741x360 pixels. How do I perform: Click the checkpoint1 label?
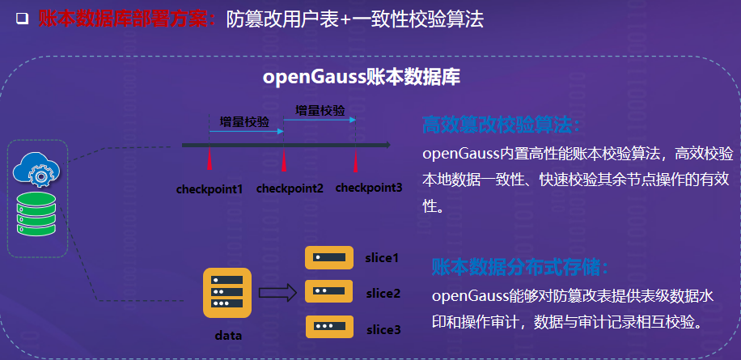pyautogui.click(x=210, y=189)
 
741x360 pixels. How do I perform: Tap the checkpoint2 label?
pyautogui.click(x=290, y=188)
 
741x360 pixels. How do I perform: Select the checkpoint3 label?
pyautogui.click(x=369, y=188)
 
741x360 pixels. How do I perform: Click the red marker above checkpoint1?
pyautogui.click(x=210, y=159)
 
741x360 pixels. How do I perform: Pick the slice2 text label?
pyautogui.click(x=383, y=294)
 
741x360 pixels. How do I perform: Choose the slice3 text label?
pyautogui.click(x=383, y=329)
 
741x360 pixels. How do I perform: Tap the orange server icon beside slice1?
pyautogui.click(x=329, y=257)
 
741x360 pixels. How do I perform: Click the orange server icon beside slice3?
pyautogui.click(x=329, y=327)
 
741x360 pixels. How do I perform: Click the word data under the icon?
pyautogui.click(x=228, y=334)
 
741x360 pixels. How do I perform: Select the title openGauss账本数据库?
pyautogui.click(x=362, y=78)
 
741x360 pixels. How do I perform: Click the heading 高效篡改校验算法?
pyautogui.click(x=502, y=125)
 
